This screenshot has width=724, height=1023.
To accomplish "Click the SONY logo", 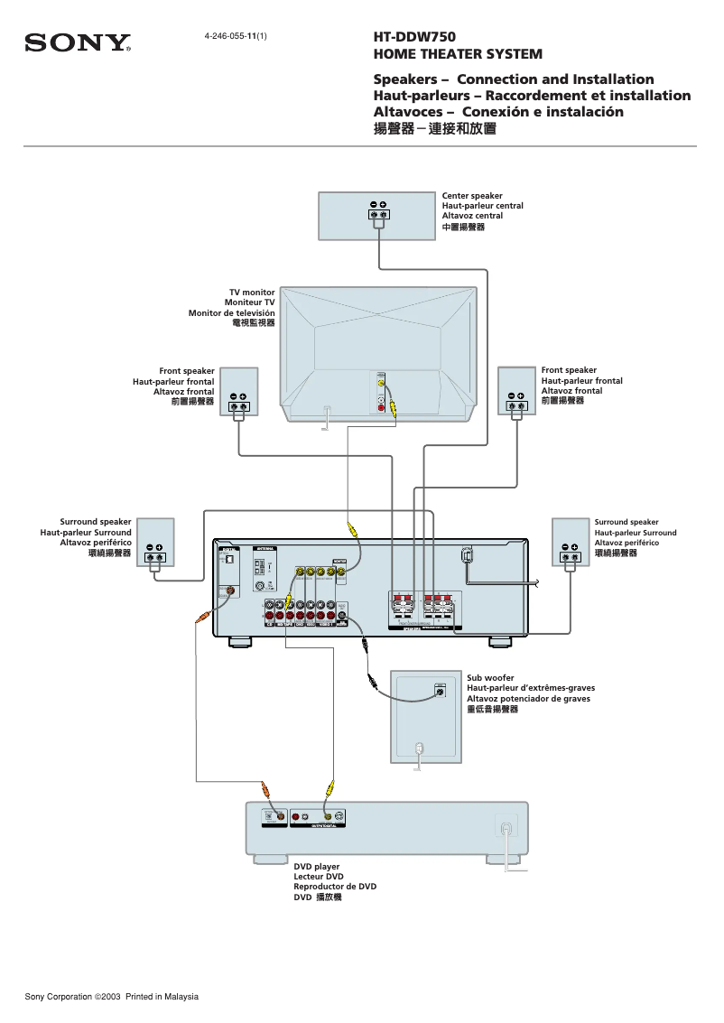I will pyautogui.click(x=78, y=43).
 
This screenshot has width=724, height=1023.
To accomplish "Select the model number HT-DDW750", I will pyautogui.click(x=414, y=38).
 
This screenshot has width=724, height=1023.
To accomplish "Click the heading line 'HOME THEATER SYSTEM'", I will pyautogui.click(x=458, y=54).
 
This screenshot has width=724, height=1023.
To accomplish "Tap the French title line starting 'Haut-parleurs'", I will pyautogui.click(x=532, y=96).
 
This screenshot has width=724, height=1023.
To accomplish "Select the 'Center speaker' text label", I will pyautogui.click(x=471, y=196).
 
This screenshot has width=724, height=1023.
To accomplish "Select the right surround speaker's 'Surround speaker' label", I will pyautogui.click(x=626, y=522).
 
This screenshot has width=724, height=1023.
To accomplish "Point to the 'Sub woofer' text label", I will pyautogui.click(x=490, y=677).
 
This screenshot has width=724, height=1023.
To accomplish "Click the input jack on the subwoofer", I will pyautogui.click(x=440, y=692).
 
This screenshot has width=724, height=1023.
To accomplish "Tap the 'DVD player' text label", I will pyautogui.click(x=316, y=867).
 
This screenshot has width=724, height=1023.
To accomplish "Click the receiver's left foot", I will pyautogui.click(x=239, y=642).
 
